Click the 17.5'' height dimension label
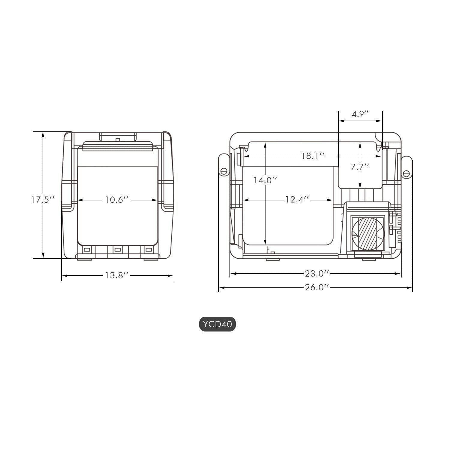pos(43,200)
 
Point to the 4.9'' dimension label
pos(360,114)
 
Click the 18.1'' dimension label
pos(313,156)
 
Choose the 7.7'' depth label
pos(360,167)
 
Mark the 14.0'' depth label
pos(265,180)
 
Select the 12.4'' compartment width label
pos(297,200)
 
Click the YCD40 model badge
pos(217,325)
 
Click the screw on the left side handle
pos(223,171)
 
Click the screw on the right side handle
pos(406,173)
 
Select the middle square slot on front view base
pos(117,250)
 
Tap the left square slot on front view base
pos(87,250)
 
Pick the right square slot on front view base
pos(148,250)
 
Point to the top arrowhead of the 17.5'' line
pos(43,134)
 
